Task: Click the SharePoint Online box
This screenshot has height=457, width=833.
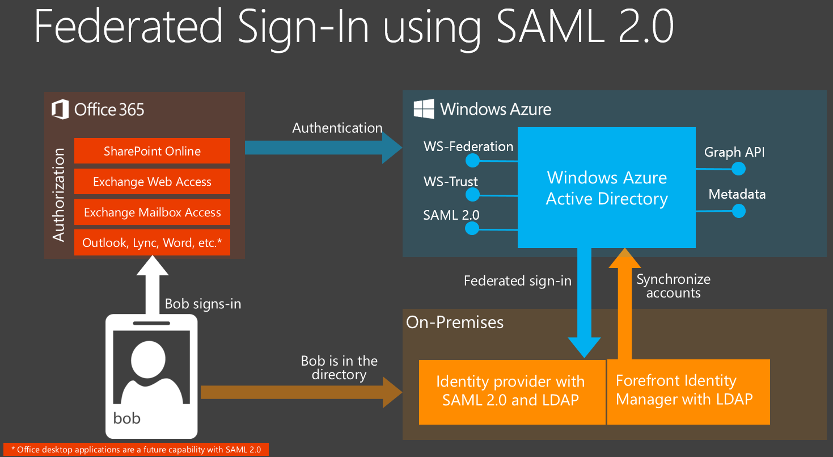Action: [x=152, y=151]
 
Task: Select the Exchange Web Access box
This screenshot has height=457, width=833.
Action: [x=152, y=182]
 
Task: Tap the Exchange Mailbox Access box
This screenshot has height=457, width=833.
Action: [x=152, y=212]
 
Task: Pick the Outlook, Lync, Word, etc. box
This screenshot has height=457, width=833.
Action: [x=152, y=242]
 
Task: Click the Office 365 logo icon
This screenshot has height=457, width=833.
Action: [x=60, y=109]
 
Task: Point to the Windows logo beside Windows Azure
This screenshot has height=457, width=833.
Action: [x=424, y=108]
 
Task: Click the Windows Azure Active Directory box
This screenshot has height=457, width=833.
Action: [x=606, y=188]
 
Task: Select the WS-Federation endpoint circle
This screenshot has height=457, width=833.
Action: [x=472, y=161]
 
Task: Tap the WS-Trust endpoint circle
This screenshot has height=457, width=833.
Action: [x=472, y=195]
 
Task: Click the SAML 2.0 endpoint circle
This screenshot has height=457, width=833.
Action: [x=472, y=228]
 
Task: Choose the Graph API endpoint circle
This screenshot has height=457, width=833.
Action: [x=738, y=169]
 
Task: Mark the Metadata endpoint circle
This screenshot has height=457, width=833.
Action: [x=738, y=211]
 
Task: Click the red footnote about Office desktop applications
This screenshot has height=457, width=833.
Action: [x=136, y=450]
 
